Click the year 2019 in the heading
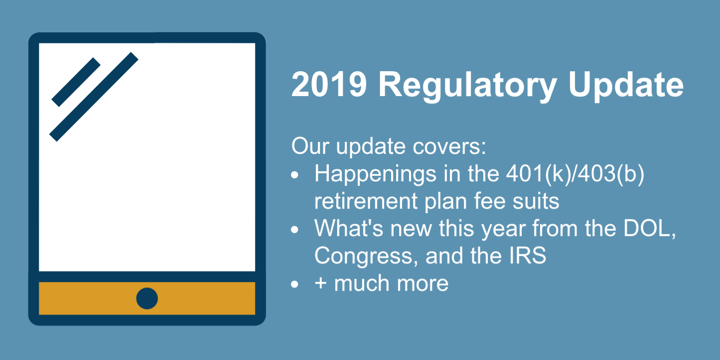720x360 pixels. tap(329, 85)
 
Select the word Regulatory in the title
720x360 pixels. tap(467, 86)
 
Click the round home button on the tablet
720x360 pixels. tap(147, 298)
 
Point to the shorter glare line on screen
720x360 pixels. tap(76, 82)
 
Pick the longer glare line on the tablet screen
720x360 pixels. tap(94, 97)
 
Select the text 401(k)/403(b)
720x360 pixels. tap(572, 174)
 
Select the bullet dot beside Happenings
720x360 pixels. tap(295, 175)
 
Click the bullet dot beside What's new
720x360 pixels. tap(295, 230)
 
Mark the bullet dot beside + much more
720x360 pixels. tap(295, 284)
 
